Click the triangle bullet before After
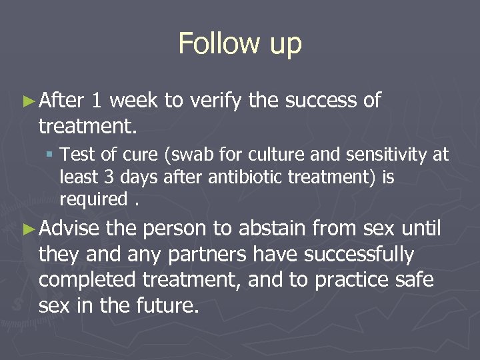28,101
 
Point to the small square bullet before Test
51,156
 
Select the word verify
217,101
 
